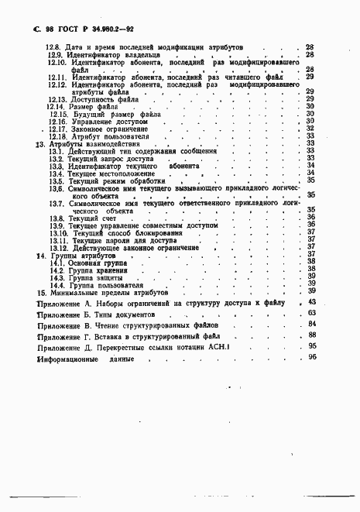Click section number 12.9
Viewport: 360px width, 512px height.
click(56, 55)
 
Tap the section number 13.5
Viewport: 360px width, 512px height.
click(56, 180)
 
